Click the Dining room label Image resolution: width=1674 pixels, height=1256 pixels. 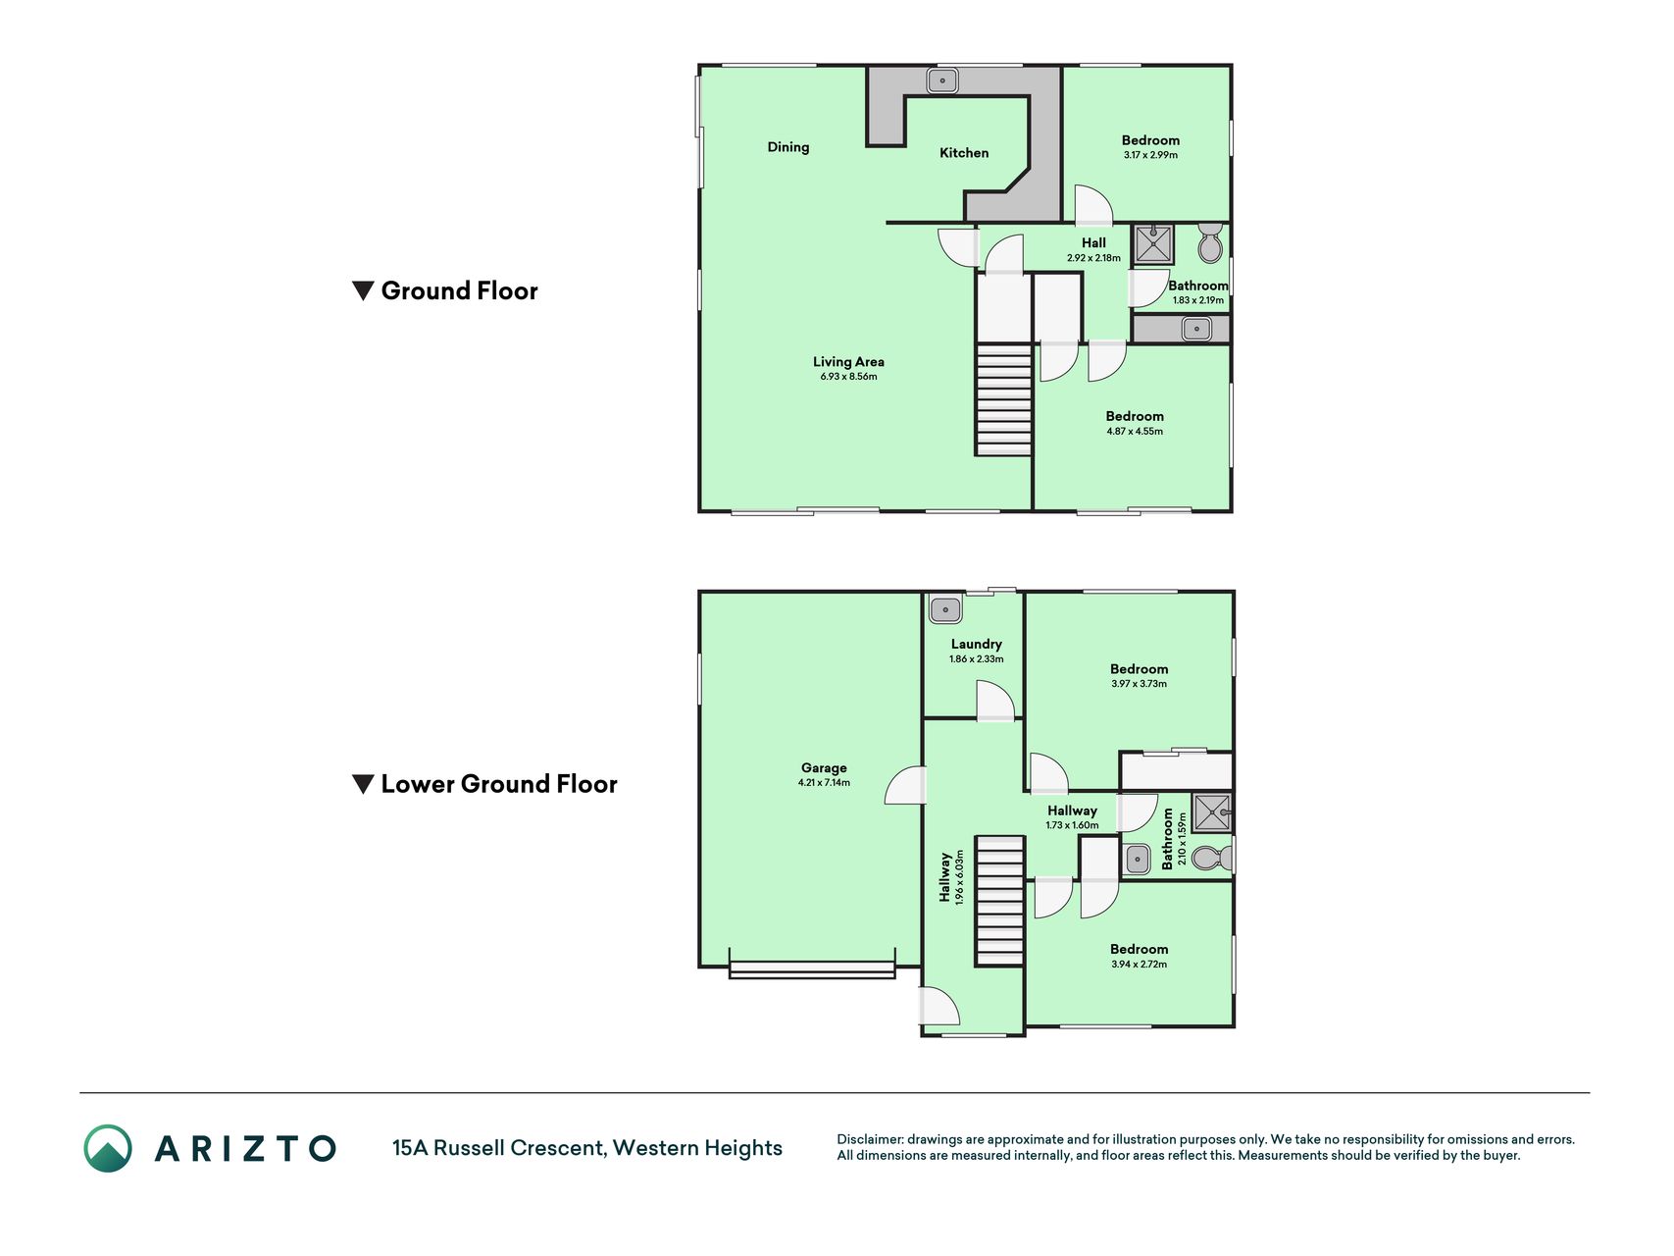pos(788,147)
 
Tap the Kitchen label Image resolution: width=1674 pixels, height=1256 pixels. pos(964,153)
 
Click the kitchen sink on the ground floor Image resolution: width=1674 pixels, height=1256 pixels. pos(942,80)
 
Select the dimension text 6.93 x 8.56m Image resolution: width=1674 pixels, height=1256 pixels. pos(848,377)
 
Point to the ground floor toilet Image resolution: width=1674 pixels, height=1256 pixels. pos(1210,242)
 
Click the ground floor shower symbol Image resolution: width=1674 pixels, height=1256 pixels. pos(1153,244)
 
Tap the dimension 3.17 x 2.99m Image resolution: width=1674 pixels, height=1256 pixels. pos(1150,155)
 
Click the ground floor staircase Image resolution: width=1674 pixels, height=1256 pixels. pos(1003,399)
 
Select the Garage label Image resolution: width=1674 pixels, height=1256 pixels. pos(824,768)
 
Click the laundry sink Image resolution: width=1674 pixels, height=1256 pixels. pos(945,609)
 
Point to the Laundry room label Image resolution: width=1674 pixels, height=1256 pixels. pos(976,645)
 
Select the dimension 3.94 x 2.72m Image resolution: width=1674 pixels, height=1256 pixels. pos(1139,965)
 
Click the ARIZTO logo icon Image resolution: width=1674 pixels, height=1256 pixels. pos(108,1148)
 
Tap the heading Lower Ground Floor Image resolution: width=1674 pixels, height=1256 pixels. pos(499,784)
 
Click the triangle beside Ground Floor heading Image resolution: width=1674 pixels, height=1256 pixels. pos(363,291)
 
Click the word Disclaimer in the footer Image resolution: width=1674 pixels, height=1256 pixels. pos(869,1139)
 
